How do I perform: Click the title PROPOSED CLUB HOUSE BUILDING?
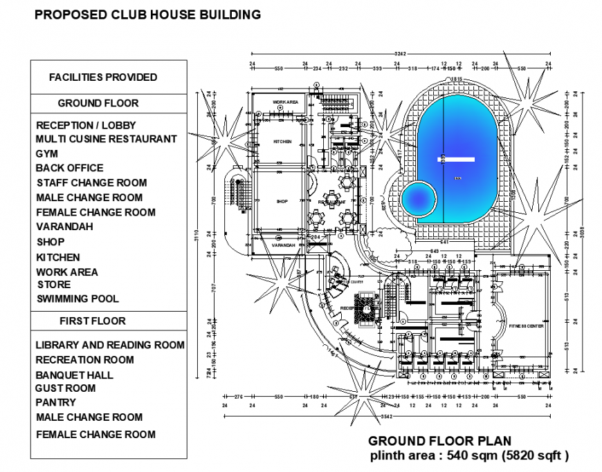tap(147, 14)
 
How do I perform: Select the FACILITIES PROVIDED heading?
tap(103, 77)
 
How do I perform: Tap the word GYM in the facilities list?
tap(47, 154)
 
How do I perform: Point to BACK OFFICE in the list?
tap(69, 168)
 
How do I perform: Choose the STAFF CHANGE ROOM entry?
tap(91, 183)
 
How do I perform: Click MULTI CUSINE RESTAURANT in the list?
tap(106, 139)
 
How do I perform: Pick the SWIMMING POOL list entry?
tap(77, 299)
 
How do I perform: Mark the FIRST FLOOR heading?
tap(93, 321)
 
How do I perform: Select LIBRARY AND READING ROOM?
tap(110, 345)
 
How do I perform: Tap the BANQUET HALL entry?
tap(74, 375)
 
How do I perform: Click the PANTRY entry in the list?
tap(56, 402)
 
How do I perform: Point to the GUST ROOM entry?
tap(66, 388)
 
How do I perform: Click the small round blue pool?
tap(419, 199)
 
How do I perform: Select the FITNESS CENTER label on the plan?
tap(526, 325)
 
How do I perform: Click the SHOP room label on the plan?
tap(282, 202)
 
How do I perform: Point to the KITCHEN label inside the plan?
tap(282, 142)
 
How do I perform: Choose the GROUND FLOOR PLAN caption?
tap(439, 441)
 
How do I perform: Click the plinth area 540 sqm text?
tap(468, 455)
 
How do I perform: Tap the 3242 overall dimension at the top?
tap(400, 54)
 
